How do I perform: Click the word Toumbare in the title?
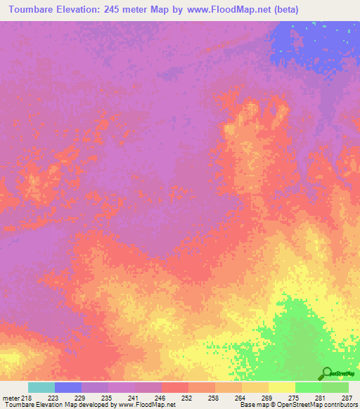32,10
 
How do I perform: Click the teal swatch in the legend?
41,387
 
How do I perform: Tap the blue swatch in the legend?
67,387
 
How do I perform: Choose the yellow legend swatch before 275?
281,387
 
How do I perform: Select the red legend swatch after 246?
174,387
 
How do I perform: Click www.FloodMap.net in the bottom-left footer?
150,405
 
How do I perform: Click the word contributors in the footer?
340,405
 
